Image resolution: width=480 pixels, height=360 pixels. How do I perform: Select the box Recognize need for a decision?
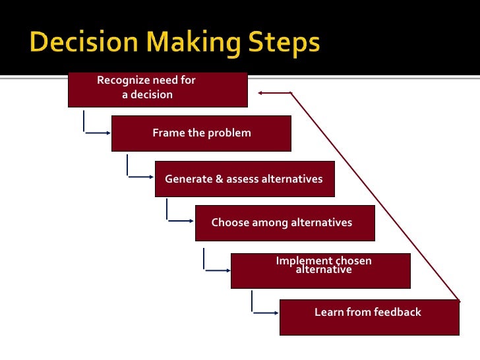coord(158,90)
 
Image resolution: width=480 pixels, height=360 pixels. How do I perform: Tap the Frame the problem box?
coord(201,133)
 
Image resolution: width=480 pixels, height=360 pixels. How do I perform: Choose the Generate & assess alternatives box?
coord(245,179)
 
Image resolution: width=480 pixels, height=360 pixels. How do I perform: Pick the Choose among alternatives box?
coord(285,223)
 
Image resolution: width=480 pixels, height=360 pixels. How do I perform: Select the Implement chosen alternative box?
coord(320,270)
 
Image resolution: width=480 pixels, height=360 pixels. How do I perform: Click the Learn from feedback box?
coord(369,317)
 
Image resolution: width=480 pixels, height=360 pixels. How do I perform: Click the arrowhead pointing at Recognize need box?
coord(262,93)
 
